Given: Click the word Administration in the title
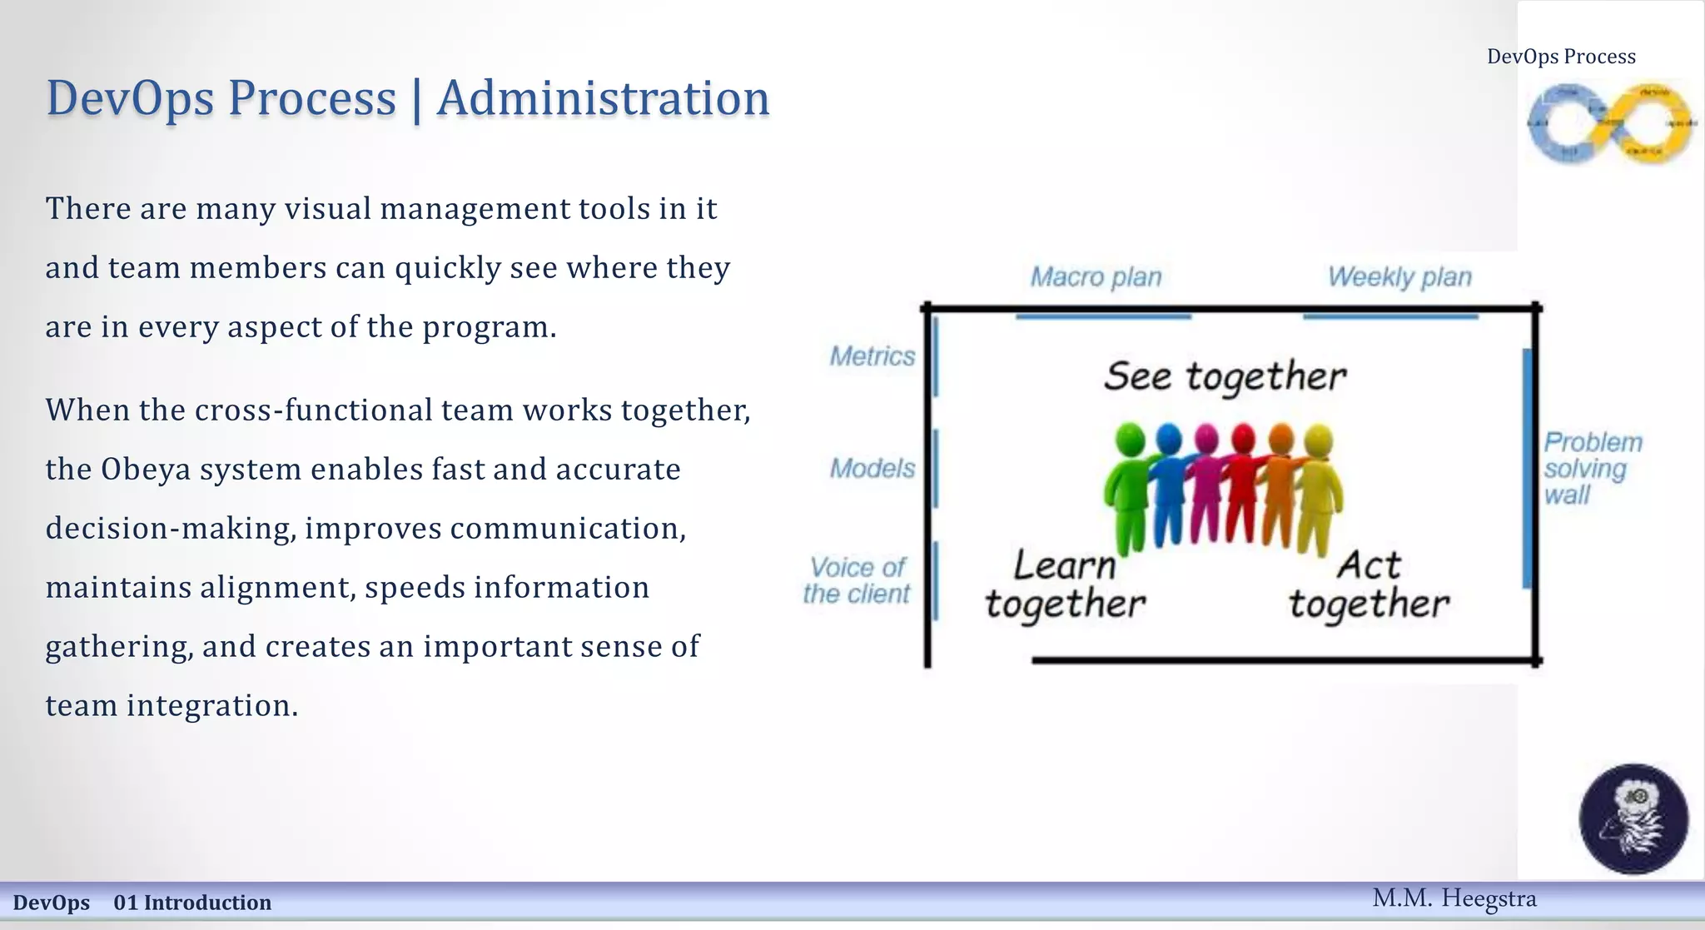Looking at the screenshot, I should pos(603,98).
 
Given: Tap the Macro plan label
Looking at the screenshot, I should pos(1096,277).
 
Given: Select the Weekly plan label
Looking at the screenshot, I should pos(1399,277).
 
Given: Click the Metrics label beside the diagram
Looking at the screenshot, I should pos(872,356).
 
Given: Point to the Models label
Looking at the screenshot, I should pos(872,469).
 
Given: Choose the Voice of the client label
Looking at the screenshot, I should pos(857,580).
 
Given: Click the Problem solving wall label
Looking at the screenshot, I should pos(1591,469).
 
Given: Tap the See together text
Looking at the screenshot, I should pos(1225,376).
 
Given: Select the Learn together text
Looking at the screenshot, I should pos(1065,585).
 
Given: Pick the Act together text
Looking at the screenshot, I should pos(1369,585).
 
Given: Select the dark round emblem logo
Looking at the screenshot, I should pos(1633,818).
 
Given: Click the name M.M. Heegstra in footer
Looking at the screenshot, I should pos(1454,898).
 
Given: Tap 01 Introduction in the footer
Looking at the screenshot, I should pos(192,903).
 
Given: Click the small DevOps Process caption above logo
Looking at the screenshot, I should pos(1561,57).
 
